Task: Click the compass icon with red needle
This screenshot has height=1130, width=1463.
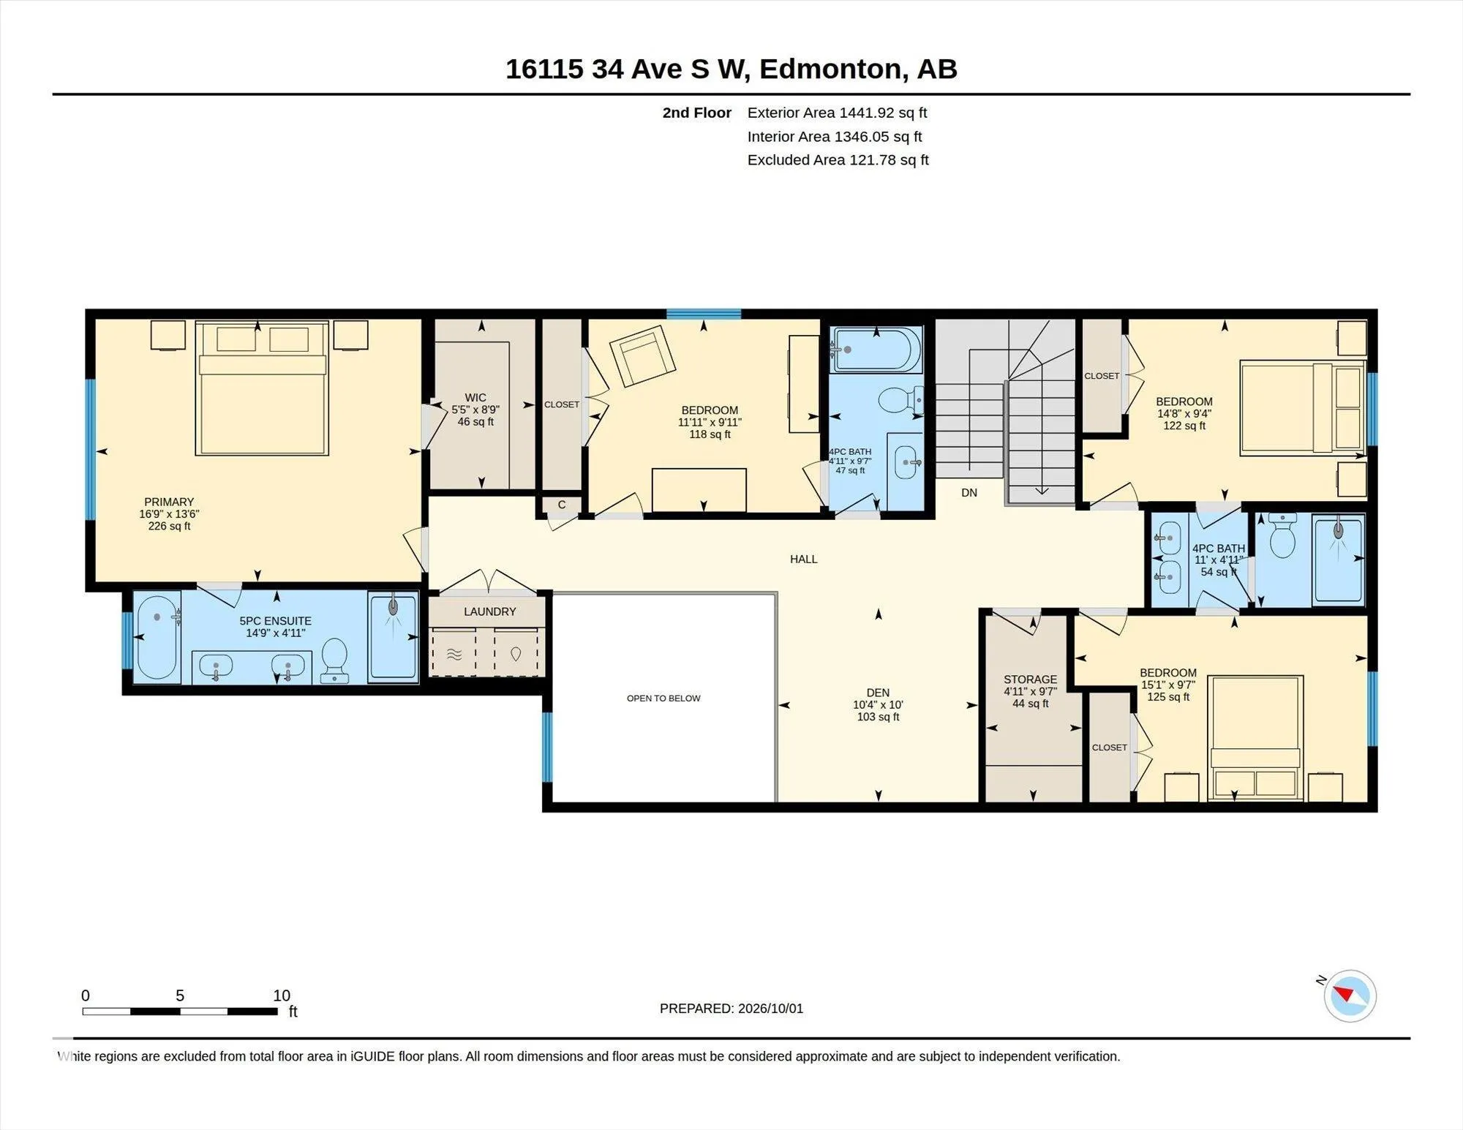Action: click(x=1350, y=995)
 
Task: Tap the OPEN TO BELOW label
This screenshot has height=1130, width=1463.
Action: click(x=663, y=698)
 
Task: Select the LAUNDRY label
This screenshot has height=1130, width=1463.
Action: click(x=489, y=611)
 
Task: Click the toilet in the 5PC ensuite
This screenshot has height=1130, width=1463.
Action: click(x=335, y=659)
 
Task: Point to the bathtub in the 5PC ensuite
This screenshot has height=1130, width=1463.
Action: click(x=157, y=637)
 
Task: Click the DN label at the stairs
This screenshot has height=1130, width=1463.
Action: click(x=969, y=493)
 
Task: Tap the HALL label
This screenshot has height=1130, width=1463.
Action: click(x=803, y=560)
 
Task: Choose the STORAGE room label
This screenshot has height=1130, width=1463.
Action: click(x=1030, y=679)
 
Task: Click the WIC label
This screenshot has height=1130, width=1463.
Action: click(x=475, y=398)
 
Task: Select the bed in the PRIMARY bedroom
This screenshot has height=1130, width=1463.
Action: click(x=261, y=388)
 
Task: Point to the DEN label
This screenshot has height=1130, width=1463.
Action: click(x=878, y=693)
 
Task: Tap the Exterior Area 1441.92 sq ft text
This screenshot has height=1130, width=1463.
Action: click(x=837, y=113)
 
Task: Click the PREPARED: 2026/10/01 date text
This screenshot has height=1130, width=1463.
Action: click(x=731, y=1009)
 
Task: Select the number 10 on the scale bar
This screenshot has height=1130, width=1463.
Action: click(x=282, y=995)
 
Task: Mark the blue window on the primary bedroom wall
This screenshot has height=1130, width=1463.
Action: click(x=91, y=450)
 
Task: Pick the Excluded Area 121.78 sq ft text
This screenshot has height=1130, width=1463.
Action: click(x=838, y=160)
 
